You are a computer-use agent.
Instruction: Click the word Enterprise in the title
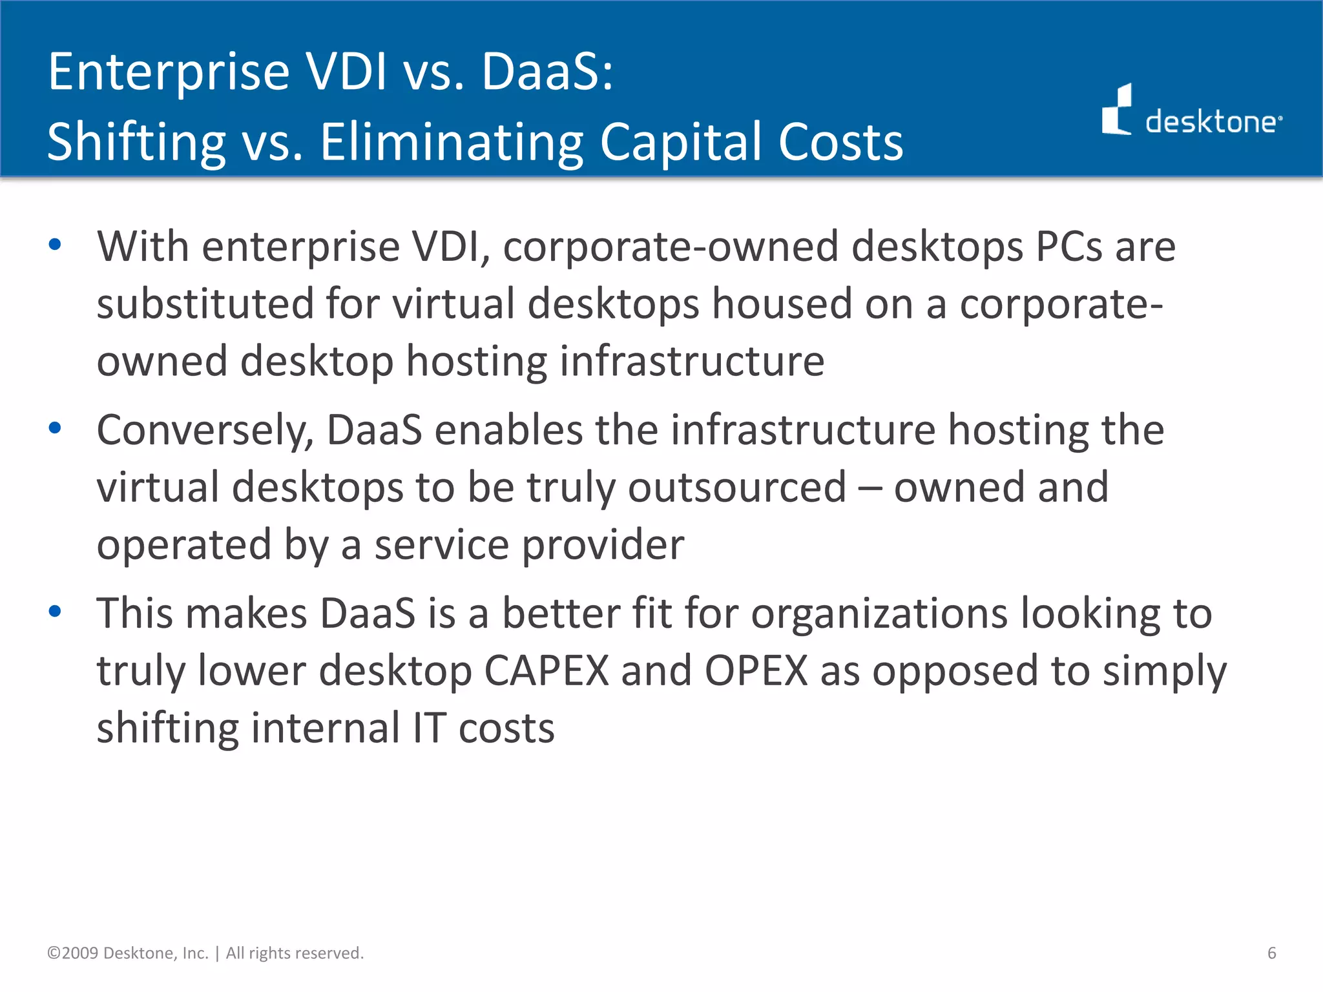pyautogui.click(x=169, y=72)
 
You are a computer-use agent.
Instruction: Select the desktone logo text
pyautogui.click(x=1212, y=121)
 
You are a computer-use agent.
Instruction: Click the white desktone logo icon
pyautogui.click(x=1117, y=110)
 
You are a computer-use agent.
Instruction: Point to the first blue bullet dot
pyautogui.click(x=55, y=245)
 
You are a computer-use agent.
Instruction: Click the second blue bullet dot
pyautogui.click(x=55, y=428)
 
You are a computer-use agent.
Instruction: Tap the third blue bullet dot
pyautogui.click(x=55, y=611)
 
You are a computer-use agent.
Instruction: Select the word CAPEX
pyautogui.click(x=547, y=671)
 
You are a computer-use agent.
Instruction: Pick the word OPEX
pyautogui.click(x=756, y=671)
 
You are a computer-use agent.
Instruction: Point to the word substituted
pyautogui.click(x=205, y=304)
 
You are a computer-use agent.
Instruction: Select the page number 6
pyautogui.click(x=1271, y=953)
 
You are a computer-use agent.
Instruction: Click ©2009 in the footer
pyautogui.click(x=72, y=953)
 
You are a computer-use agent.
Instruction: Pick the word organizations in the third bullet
pyautogui.click(x=879, y=614)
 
